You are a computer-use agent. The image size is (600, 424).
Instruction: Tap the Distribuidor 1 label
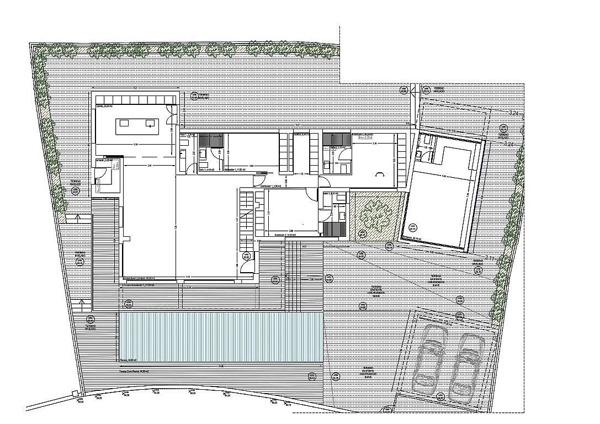pyautogui.click(x=270, y=187)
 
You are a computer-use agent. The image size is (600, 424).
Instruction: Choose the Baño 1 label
pyautogui.click(x=207, y=169)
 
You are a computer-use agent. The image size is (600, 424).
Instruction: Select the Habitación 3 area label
pyautogui.click(x=283, y=235)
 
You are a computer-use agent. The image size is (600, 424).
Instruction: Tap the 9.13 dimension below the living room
pyautogui.click(x=188, y=277)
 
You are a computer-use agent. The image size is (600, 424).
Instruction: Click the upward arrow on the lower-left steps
pyautogui.click(x=82, y=303)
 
